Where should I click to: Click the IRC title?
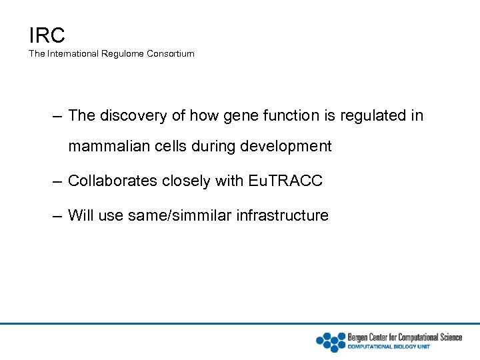click(x=47, y=34)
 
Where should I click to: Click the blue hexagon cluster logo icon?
click(x=330, y=341)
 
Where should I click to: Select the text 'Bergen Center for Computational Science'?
click(x=405, y=337)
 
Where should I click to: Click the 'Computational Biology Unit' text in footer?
click(x=389, y=347)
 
